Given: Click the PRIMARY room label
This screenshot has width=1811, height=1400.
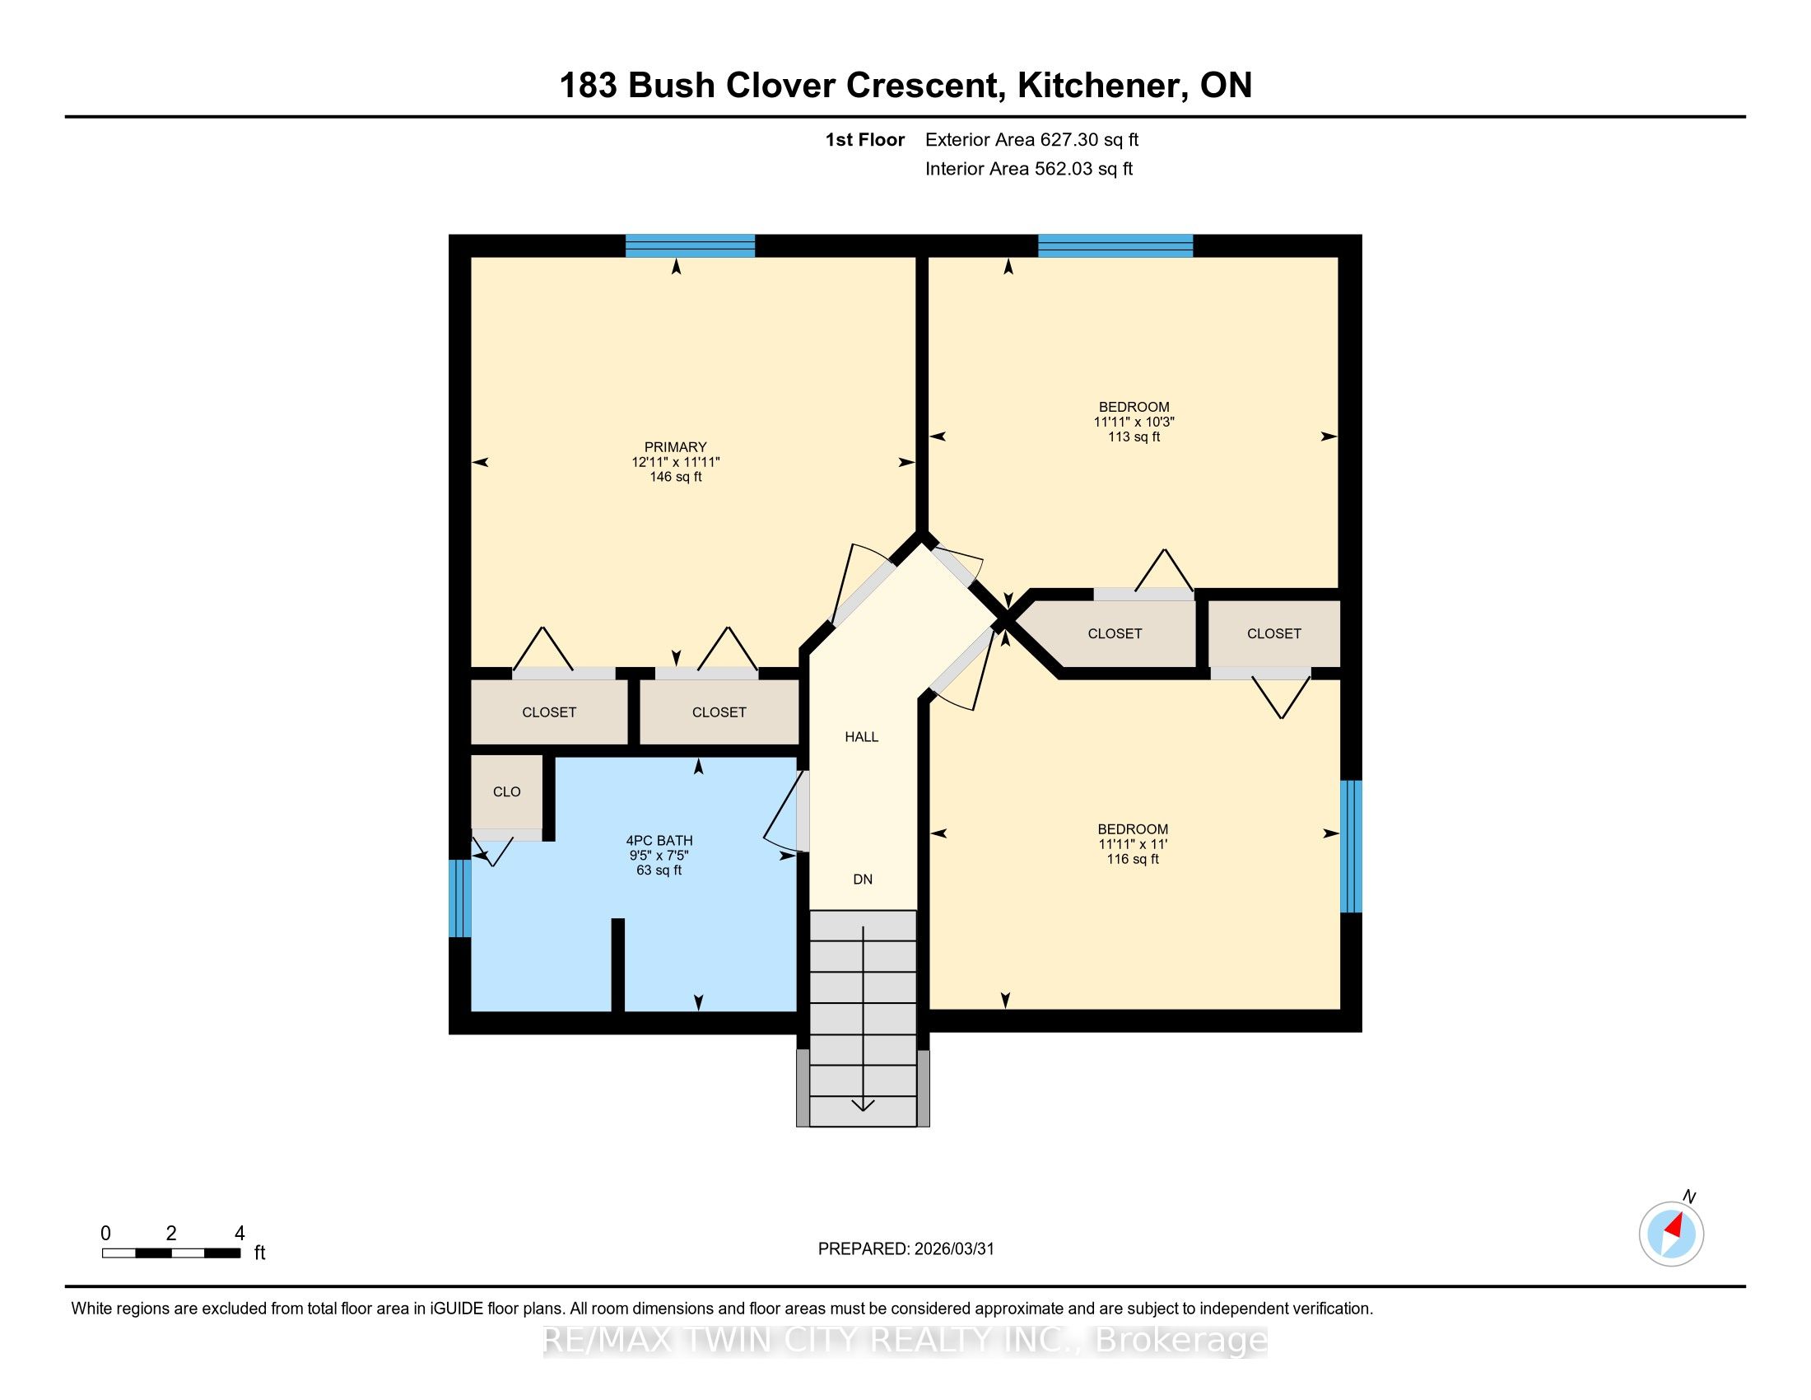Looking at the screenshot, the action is pyautogui.click(x=675, y=447).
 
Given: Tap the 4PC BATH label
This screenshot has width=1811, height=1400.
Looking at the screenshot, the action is pyautogui.click(x=659, y=840).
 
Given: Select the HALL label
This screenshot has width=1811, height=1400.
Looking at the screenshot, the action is pyautogui.click(x=862, y=736).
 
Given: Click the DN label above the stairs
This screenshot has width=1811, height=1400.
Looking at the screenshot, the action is pyautogui.click(x=863, y=880).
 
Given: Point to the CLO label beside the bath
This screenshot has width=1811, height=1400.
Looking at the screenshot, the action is pyautogui.click(x=506, y=792).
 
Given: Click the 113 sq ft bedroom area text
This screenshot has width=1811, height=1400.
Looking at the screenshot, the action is pyautogui.click(x=1134, y=437).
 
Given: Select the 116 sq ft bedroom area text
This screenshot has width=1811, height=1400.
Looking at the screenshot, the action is pyautogui.click(x=1133, y=859).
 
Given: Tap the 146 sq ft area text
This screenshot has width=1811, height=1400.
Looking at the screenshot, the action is pyautogui.click(x=676, y=477).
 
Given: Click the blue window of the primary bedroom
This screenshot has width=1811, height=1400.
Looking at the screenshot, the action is pyautogui.click(x=690, y=246).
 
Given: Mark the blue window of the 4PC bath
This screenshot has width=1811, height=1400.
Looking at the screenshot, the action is pyautogui.click(x=460, y=898).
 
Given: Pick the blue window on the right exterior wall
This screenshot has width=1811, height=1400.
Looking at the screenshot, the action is pyautogui.click(x=1352, y=846).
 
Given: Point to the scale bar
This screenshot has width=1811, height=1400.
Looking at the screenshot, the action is pyautogui.click(x=172, y=1253).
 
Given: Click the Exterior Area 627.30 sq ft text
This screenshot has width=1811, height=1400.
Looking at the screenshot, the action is pyautogui.click(x=1031, y=139).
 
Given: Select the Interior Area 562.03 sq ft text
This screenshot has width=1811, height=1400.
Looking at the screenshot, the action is pyautogui.click(x=1029, y=169).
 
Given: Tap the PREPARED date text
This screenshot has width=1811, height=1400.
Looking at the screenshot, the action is pyautogui.click(x=906, y=1249).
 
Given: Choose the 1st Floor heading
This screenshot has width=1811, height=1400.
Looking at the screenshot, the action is pyautogui.click(x=865, y=139).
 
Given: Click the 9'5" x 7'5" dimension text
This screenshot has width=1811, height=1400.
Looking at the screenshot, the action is pyautogui.click(x=659, y=855).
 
